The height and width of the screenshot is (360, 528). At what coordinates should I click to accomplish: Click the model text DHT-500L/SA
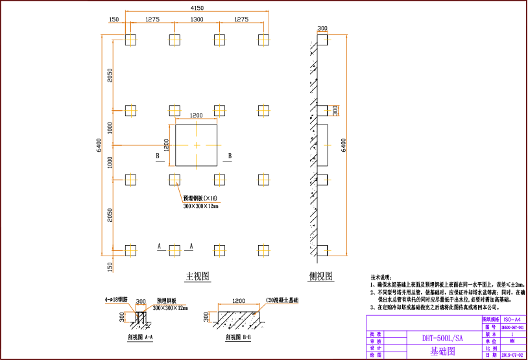442,338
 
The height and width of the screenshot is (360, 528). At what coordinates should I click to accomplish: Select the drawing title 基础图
442,352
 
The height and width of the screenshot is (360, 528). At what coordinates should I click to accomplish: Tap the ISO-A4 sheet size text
512,320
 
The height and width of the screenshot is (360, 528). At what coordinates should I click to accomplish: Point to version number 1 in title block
512,334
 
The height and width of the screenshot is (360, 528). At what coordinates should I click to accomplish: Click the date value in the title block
512,355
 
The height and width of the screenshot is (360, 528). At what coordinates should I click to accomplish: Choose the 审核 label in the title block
376,341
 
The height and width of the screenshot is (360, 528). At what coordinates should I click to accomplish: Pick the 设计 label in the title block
376,348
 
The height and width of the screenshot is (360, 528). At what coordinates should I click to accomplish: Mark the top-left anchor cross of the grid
131,40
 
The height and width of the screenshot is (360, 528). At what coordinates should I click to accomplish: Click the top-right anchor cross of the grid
263,40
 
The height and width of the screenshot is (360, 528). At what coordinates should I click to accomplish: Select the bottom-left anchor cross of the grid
131,250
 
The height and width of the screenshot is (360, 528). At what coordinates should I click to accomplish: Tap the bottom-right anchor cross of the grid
263,250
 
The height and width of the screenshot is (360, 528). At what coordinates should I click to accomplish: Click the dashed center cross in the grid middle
197,145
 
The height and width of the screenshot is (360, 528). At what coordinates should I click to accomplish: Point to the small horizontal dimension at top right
322,32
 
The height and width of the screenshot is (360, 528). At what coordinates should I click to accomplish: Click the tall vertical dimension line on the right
347,145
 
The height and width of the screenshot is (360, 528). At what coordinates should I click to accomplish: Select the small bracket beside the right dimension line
335,111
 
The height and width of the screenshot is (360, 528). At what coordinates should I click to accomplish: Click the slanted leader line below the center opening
180,193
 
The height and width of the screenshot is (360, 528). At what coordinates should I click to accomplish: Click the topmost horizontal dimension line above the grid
197,11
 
